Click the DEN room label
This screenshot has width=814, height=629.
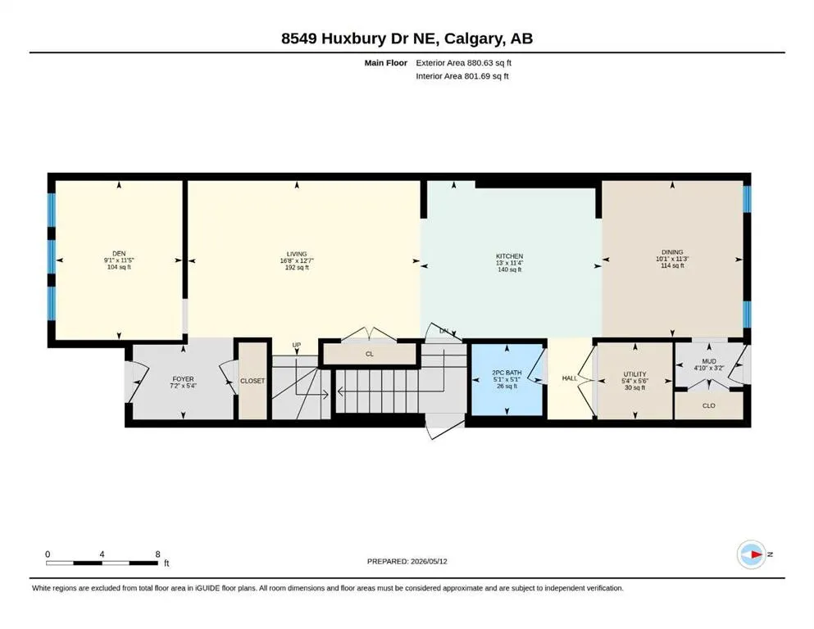point(119,254)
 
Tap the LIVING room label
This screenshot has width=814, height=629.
point(297,254)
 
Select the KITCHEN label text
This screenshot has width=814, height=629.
point(509,256)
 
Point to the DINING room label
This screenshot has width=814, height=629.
point(672,252)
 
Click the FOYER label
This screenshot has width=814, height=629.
point(183,379)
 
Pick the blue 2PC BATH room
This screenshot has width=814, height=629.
point(507,380)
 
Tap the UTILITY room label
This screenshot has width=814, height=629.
point(635,373)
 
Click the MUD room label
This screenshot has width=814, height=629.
point(709,361)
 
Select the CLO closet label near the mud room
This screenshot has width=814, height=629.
point(708,405)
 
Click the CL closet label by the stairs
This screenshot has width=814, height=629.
point(370,354)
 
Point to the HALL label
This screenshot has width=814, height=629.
point(570,378)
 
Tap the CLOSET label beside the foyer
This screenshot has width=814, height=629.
point(252,381)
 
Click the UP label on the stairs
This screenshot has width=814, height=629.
point(297,345)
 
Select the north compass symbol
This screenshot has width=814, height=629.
point(752,554)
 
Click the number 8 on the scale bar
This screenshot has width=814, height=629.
point(158,554)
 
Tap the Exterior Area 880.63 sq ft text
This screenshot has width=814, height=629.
point(464,63)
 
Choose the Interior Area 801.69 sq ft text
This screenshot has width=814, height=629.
point(462,76)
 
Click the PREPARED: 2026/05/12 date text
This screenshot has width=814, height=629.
point(407,561)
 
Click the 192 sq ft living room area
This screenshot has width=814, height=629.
point(297,268)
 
